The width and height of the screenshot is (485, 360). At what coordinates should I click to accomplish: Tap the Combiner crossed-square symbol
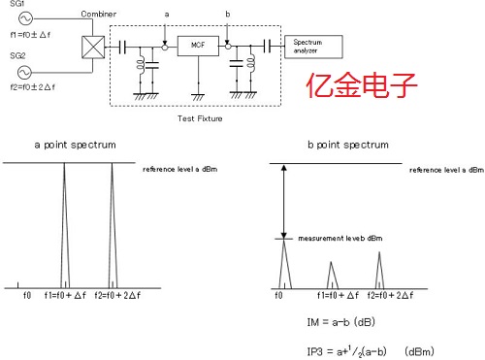(x=92, y=46)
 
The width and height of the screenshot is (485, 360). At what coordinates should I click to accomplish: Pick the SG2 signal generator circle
(x=21, y=72)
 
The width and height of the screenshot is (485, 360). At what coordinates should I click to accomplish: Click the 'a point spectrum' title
(x=76, y=144)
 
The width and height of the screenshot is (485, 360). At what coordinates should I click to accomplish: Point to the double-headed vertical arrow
(x=283, y=201)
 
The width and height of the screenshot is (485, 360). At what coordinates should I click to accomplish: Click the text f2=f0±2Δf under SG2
(x=31, y=87)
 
